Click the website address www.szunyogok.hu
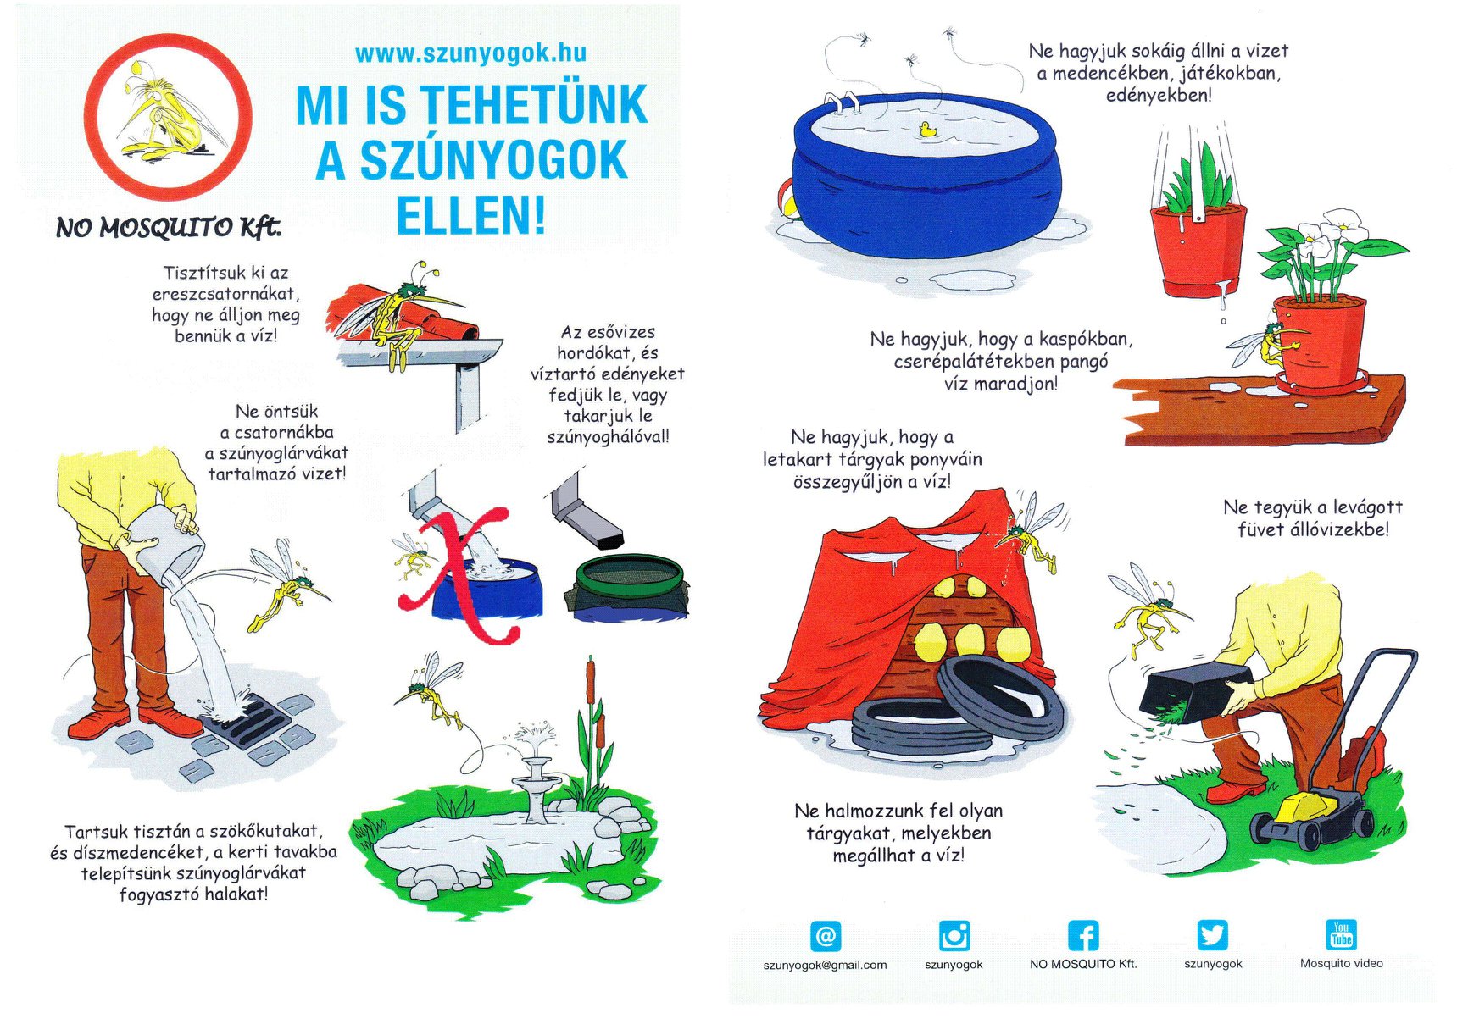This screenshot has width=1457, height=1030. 470,53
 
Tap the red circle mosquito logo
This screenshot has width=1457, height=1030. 168,116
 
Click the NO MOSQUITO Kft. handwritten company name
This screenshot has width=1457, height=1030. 168,227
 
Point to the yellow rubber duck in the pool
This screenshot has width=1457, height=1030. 927,130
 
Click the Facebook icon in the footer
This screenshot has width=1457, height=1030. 1083,936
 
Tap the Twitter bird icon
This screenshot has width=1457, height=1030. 1213,935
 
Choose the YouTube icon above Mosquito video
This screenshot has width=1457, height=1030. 1341,934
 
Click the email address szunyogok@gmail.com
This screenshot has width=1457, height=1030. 825,965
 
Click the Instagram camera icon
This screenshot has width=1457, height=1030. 954,936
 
